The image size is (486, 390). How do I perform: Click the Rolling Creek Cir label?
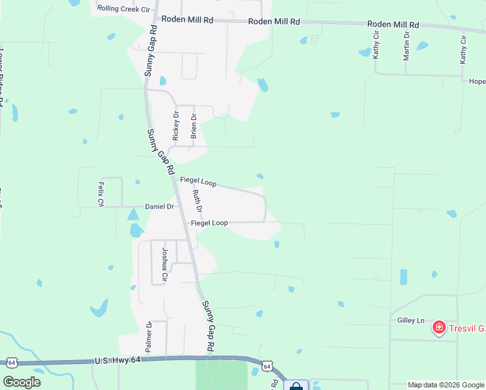(x=123, y=9)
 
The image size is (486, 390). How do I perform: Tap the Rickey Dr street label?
(x=175, y=125)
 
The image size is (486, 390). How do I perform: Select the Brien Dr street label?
(x=193, y=126)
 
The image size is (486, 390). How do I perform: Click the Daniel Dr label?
(x=159, y=207)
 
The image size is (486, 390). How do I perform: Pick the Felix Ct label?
(x=101, y=194)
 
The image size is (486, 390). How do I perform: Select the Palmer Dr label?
(x=149, y=337)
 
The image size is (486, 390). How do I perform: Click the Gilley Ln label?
(x=411, y=320)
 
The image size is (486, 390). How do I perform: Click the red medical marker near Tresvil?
(x=439, y=328)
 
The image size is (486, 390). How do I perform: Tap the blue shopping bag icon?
(x=296, y=385)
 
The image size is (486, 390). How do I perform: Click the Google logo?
(x=21, y=382)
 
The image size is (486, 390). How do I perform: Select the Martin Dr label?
(x=406, y=45)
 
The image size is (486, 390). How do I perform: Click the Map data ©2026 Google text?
(x=445, y=385)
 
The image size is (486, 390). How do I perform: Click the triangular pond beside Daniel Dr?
(x=133, y=214)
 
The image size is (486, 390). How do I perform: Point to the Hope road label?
(x=477, y=82)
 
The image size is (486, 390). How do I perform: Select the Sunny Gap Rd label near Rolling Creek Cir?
(x=151, y=52)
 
